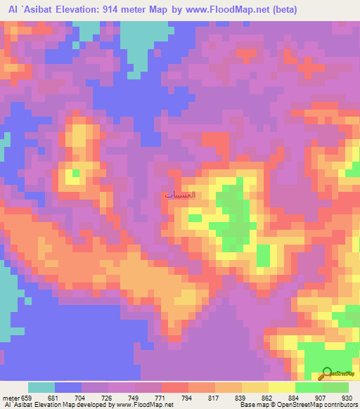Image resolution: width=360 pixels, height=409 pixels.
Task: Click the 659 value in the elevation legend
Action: (x=27, y=397)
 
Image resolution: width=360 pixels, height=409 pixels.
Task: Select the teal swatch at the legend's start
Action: (x=41, y=387)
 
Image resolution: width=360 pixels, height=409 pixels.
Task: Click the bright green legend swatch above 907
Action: (x=308, y=387)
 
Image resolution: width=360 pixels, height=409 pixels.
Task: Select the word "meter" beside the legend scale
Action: (x=10, y=397)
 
